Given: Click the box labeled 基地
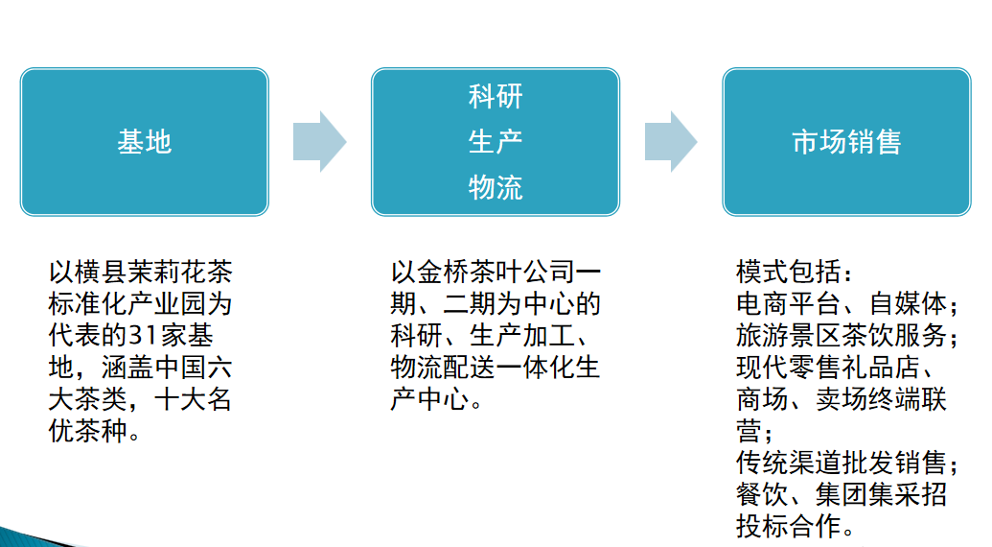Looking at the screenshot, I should click(x=144, y=142).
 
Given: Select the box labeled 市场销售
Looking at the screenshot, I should click(x=846, y=142).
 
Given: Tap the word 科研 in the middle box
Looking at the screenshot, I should click(x=496, y=97).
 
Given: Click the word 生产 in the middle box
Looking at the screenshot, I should click(x=496, y=142).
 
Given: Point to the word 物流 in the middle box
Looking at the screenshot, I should click(x=496, y=187).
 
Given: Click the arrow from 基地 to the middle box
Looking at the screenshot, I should click(x=319, y=142).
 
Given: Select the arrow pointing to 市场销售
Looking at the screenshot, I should click(x=670, y=142).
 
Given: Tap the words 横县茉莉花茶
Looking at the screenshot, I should click(x=151, y=273).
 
